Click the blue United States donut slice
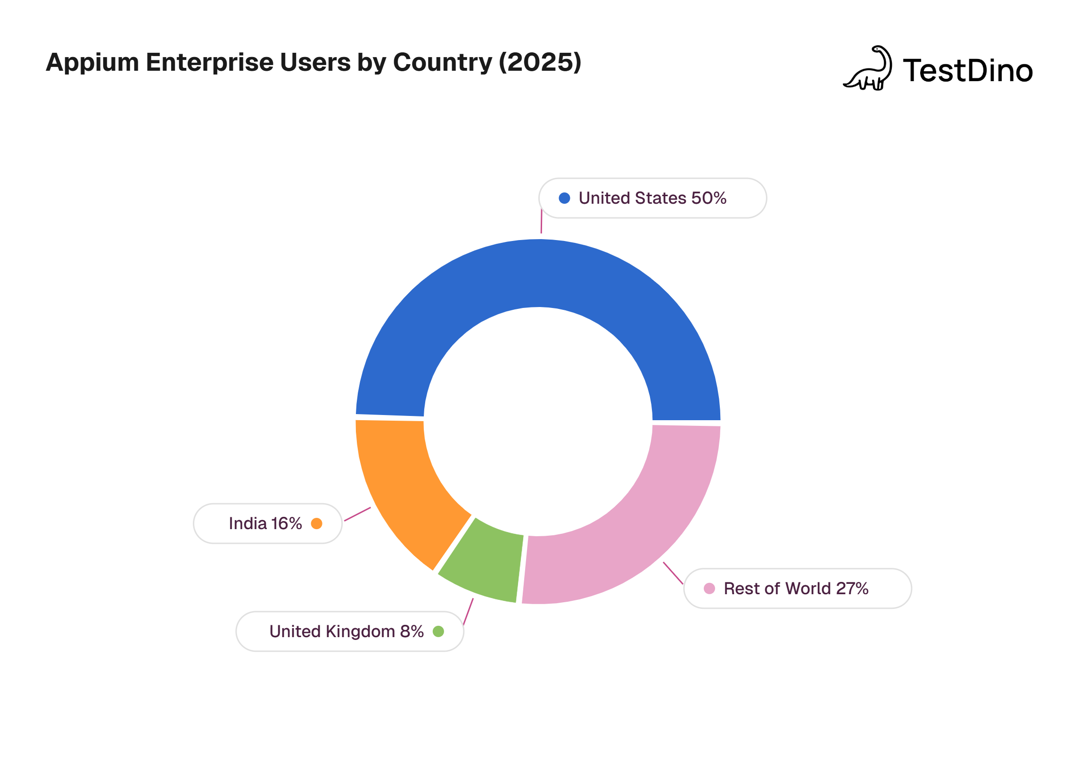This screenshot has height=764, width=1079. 537,274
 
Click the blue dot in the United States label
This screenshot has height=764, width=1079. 564,198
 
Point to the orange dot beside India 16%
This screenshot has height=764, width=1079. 317,523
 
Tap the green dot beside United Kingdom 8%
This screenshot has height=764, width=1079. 438,631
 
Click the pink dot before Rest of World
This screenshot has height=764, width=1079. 709,589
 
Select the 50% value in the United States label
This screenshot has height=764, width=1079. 708,198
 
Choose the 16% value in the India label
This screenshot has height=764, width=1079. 287,523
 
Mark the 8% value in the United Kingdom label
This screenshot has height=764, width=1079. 412,631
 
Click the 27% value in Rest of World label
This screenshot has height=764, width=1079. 852,589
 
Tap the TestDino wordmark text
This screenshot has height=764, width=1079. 968,71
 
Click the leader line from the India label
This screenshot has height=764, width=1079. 357,514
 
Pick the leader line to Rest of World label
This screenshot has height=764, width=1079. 673,573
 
